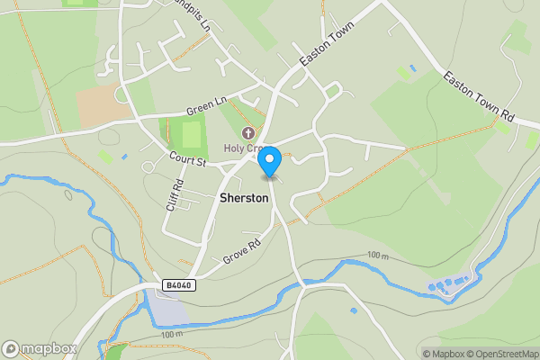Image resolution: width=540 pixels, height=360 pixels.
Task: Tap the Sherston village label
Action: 244,197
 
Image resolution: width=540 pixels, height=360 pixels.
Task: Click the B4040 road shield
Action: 178,284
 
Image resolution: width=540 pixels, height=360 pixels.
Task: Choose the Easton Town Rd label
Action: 478,98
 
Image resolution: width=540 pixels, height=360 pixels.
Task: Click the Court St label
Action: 188,160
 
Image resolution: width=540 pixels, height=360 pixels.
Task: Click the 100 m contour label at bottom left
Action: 171,335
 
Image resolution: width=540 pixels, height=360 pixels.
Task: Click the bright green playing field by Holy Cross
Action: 192,135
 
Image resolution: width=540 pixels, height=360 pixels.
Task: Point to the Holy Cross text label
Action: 243,148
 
